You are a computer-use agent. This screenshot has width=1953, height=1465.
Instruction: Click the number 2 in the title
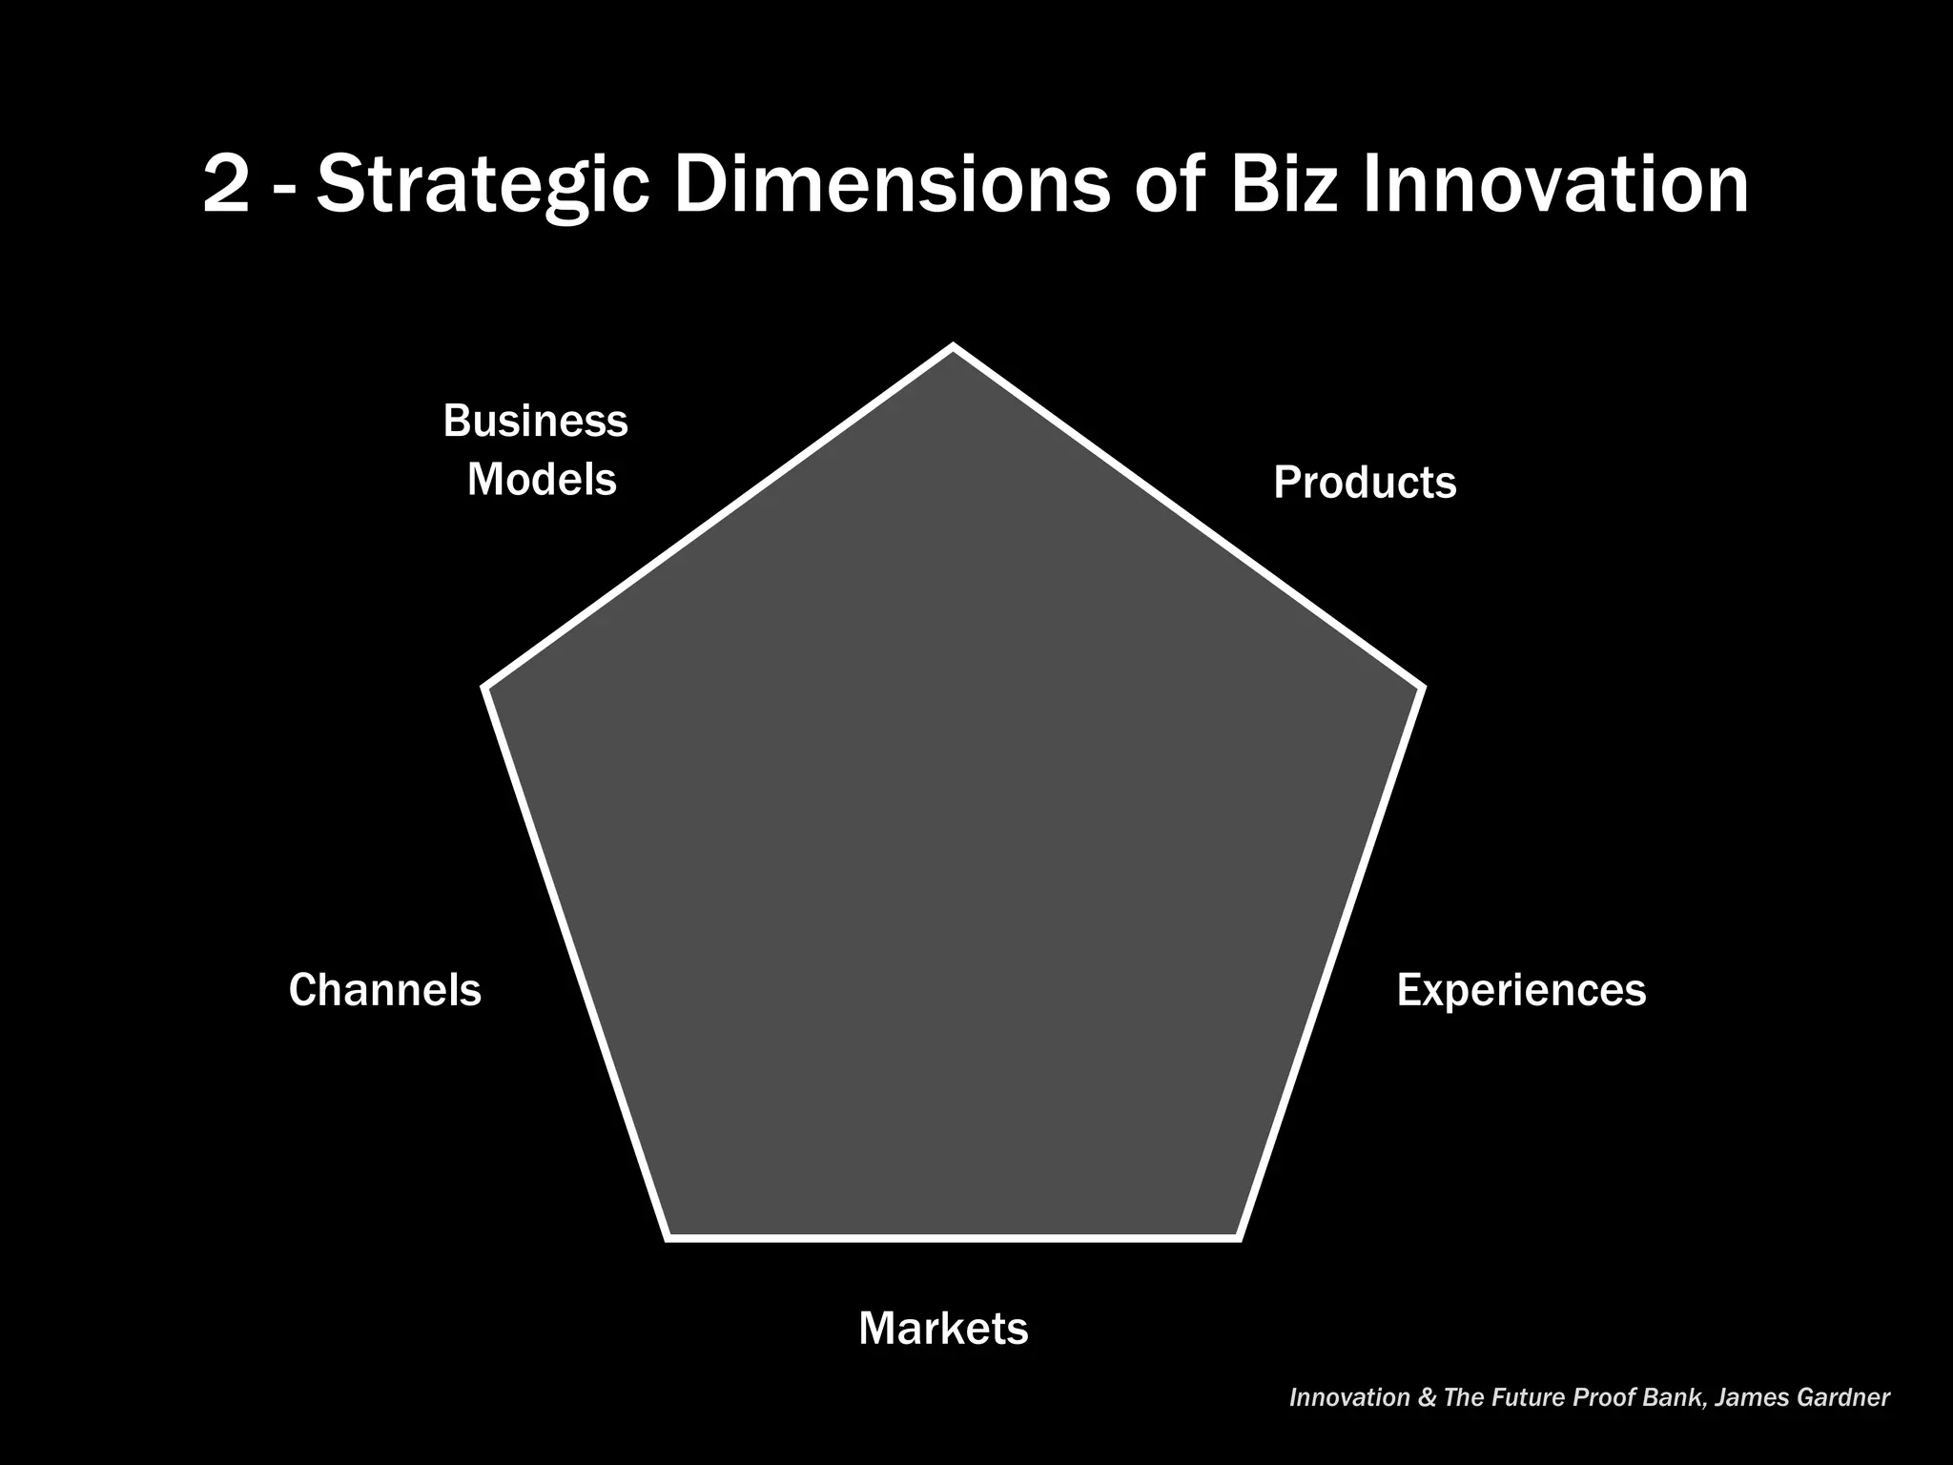(226, 185)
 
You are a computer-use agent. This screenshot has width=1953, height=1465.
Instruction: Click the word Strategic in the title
(483, 185)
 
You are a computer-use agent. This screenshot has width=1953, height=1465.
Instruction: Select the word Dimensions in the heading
(892, 185)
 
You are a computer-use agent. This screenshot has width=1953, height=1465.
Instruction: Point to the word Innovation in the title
(1554, 185)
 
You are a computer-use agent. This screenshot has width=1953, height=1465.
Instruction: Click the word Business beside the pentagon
(535, 421)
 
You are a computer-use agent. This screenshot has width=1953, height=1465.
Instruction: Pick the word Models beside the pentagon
(542, 479)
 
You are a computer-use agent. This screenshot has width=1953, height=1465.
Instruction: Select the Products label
(1365, 483)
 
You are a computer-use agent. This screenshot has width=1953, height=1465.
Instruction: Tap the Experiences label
(1521, 990)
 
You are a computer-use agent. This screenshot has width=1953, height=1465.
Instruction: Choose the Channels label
(385, 990)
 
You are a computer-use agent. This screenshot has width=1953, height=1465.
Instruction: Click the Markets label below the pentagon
(943, 1329)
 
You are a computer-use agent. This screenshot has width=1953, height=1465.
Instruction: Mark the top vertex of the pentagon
(953, 348)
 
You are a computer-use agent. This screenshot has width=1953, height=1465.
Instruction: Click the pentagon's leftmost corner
(486, 687)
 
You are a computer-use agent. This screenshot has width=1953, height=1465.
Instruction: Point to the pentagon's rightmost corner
(1422, 687)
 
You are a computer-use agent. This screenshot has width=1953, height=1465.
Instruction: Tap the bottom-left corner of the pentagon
(668, 1238)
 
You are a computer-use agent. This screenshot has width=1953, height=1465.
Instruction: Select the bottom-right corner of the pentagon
(1238, 1238)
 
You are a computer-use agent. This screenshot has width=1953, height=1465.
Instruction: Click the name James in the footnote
(1752, 1398)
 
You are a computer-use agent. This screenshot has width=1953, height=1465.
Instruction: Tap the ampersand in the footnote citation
(1427, 1398)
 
